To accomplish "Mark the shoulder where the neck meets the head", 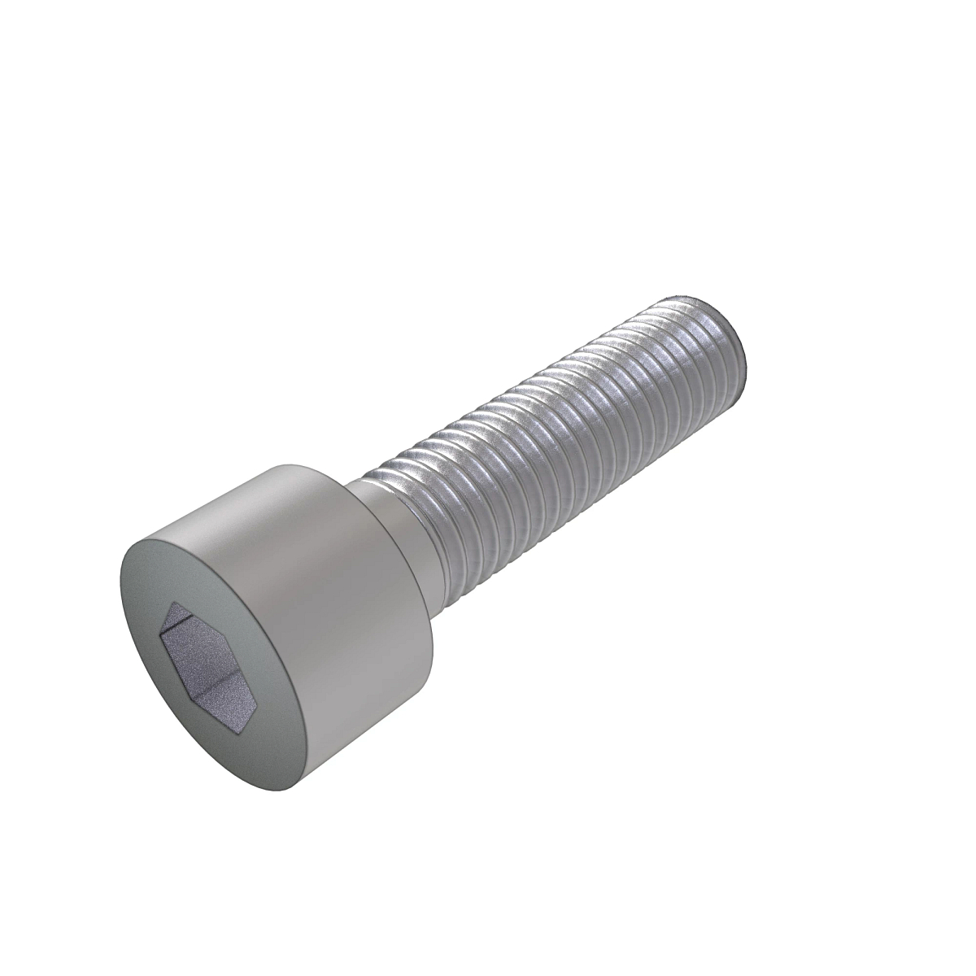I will [358, 488].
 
